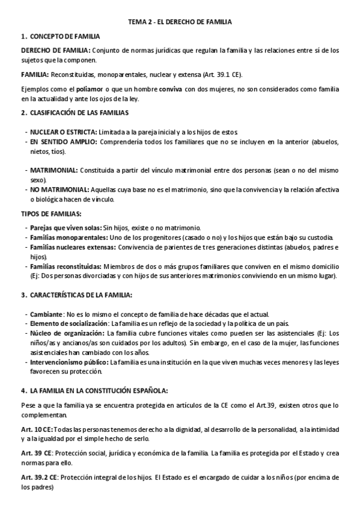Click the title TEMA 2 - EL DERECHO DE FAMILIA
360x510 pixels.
coord(180,22)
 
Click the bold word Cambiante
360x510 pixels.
coord(46,314)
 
